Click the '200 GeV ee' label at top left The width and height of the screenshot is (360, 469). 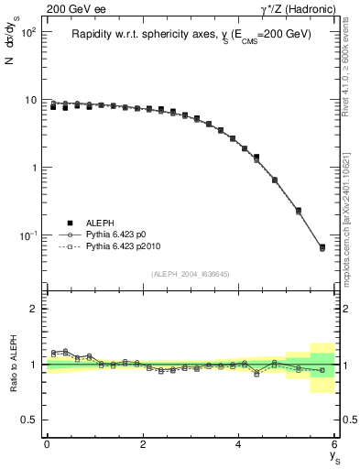73,9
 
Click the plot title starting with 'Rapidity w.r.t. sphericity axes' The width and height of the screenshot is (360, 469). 191,35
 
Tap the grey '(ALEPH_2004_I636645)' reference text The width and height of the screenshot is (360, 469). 190,274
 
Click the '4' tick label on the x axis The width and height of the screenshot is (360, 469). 239,444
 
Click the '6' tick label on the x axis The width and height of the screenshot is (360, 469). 334,444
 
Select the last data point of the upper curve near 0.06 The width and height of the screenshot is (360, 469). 322,247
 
